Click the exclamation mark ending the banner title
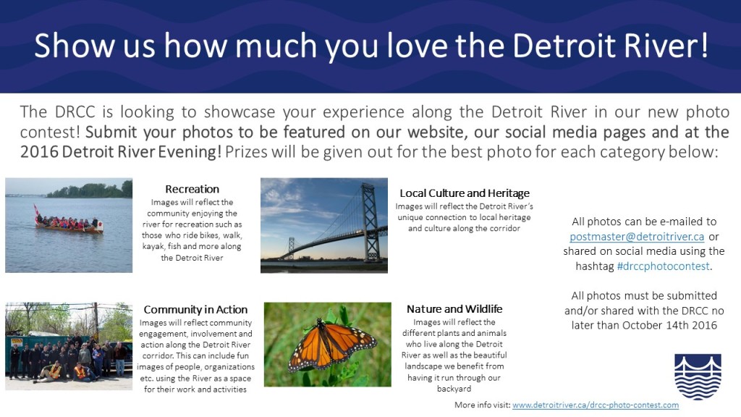pyautogui.click(x=703, y=45)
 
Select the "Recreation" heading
pyautogui.click(x=192, y=189)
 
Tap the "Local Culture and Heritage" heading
pyautogui.click(x=465, y=193)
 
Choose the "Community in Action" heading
pyautogui.click(x=195, y=310)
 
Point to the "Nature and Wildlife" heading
pyautogui.click(x=454, y=309)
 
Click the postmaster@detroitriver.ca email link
pyautogui.click(x=637, y=237)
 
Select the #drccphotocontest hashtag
pyautogui.click(x=664, y=266)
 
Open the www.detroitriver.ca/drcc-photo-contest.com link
pyautogui.click(x=596, y=405)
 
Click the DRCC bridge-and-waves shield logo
pyautogui.click(x=698, y=376)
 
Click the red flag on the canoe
pyautogui.click(x=36, y=210)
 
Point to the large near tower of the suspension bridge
pyautogui.click(x=370, y=222)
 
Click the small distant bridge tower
pyautogui.click(x=291, y=248)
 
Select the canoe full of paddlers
pyautogui.click(x=69, y=224)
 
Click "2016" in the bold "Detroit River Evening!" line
pyautogui.click(x=39, y=152)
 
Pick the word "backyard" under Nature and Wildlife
pyautogui.click(x=454, y=389)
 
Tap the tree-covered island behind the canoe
pyautogui.click(x=90, y=190)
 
